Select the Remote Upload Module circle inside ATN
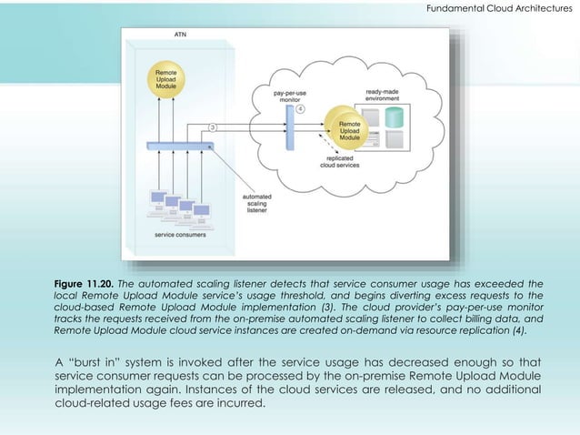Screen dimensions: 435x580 [165, 79]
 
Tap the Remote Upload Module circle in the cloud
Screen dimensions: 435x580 [348, 128]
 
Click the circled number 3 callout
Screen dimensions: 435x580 [213, 126]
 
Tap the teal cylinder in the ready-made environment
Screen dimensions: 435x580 [394, 117]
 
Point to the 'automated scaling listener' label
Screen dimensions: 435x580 [257, 201]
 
